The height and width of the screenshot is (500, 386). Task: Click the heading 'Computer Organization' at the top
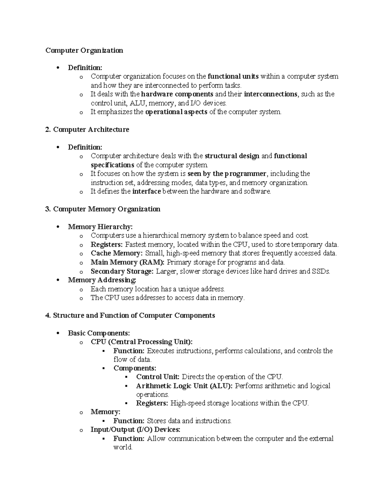[84, 50]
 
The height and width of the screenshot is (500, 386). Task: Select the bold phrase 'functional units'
[233, 76]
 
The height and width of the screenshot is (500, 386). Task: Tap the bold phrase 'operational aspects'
[176, 112]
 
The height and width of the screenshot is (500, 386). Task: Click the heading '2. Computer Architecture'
[87, 129]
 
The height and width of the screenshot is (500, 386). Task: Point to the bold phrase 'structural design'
[232, 156]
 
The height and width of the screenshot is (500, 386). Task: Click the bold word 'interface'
[146, 191]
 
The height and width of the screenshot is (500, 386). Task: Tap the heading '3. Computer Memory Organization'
[103, 209]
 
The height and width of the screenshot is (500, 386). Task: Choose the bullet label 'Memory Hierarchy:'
[100, 227]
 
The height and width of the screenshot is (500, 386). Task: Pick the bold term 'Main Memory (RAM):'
[127, 262]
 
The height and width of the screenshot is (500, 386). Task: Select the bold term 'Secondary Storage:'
[122, 271]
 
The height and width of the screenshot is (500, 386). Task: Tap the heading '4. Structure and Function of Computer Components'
[130, 315]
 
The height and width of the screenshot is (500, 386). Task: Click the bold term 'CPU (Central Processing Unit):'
[142, 342]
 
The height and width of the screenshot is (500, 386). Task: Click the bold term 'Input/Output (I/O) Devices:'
[135, 429]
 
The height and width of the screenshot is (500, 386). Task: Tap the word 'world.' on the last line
[123, 447]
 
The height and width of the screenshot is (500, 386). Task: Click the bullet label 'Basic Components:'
[99, 333]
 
